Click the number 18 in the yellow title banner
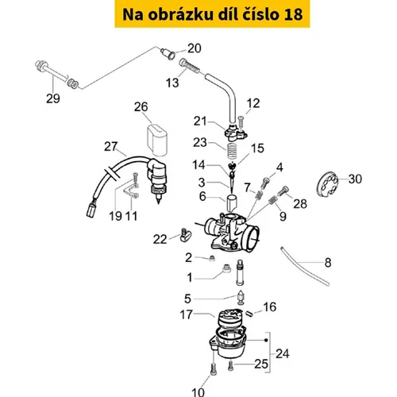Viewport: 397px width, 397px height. tap(293, 14)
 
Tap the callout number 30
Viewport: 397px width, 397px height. tap(355, 179)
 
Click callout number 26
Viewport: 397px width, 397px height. tap(141, 107)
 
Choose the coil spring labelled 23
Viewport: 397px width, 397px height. tap(232, 150)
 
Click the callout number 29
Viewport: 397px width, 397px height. tap(53, 98)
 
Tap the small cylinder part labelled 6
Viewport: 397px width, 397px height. tap(232, 203)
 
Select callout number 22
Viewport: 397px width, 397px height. tap(160, 240)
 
